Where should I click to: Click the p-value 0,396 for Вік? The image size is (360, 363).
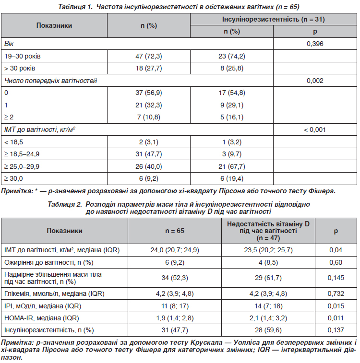pos(315,44)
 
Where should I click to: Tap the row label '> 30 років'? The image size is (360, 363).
pos(19,69)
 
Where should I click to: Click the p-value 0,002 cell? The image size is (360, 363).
pos(315,81)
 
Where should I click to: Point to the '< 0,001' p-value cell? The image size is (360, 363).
pos(315,130)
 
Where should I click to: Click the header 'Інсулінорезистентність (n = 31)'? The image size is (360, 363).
pos(273,20)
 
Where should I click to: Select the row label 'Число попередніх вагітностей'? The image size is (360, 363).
pos(51,81)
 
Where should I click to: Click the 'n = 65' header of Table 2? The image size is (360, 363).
pos(175,231)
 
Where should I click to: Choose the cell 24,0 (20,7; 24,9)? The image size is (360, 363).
pos(175,250)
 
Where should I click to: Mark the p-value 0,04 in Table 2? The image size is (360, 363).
pos(336,250)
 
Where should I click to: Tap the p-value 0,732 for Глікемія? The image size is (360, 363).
pos(336,293)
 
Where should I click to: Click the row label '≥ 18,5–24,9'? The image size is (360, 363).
pos(22,154)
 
